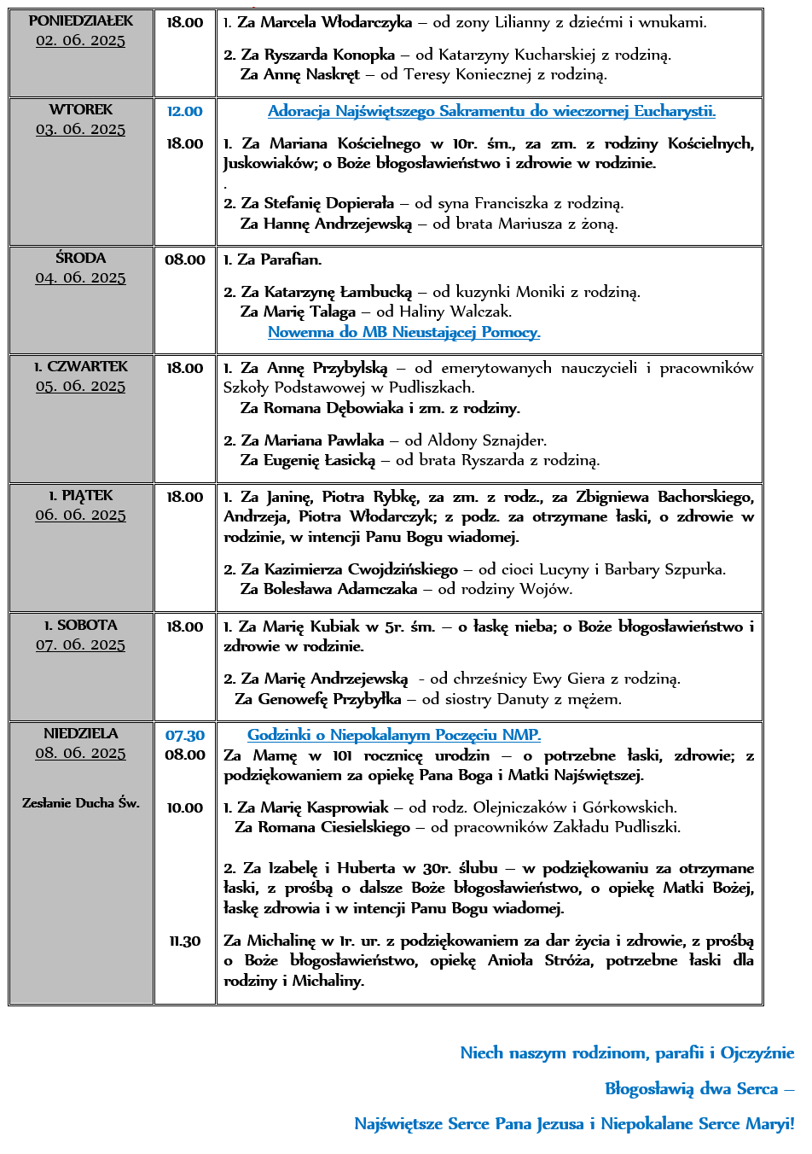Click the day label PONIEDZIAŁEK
tap(81, 20)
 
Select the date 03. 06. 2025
tap(81, 130)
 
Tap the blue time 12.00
tap(184, 111)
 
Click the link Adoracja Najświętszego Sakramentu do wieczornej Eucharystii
tap(491, 111)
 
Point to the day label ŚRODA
tap(81, 258)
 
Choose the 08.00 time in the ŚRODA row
tap(184, 259)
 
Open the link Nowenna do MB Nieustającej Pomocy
tap(403, 332)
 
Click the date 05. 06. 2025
tap(81, 387)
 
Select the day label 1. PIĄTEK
tap(81, 495)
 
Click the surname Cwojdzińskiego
tap(403, 569)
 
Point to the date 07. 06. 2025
tap(81, 645)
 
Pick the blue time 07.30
tap(184, 735)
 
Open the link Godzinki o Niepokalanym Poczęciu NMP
tap(394, 735)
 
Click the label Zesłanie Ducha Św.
tap(81, 802)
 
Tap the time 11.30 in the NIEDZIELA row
tap(184, 941)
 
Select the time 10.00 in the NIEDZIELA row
tap(184, 807)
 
